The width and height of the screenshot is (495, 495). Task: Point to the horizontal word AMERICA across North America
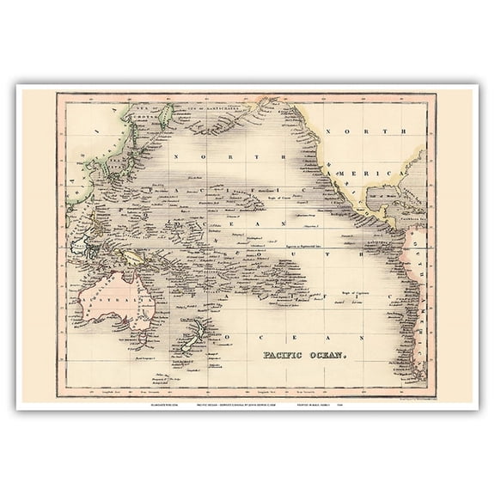click(383, 174)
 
